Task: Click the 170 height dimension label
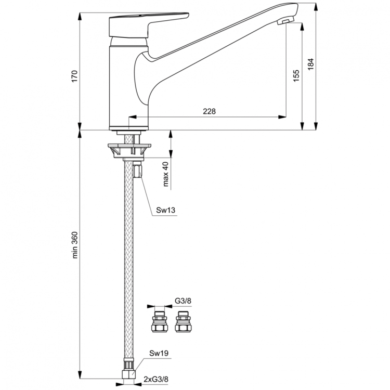click(74, 75)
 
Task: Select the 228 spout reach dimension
click(210, 111)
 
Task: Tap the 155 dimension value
click(296, 76)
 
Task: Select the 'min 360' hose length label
click(74, 245)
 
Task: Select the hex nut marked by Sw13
click(138, 170)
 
